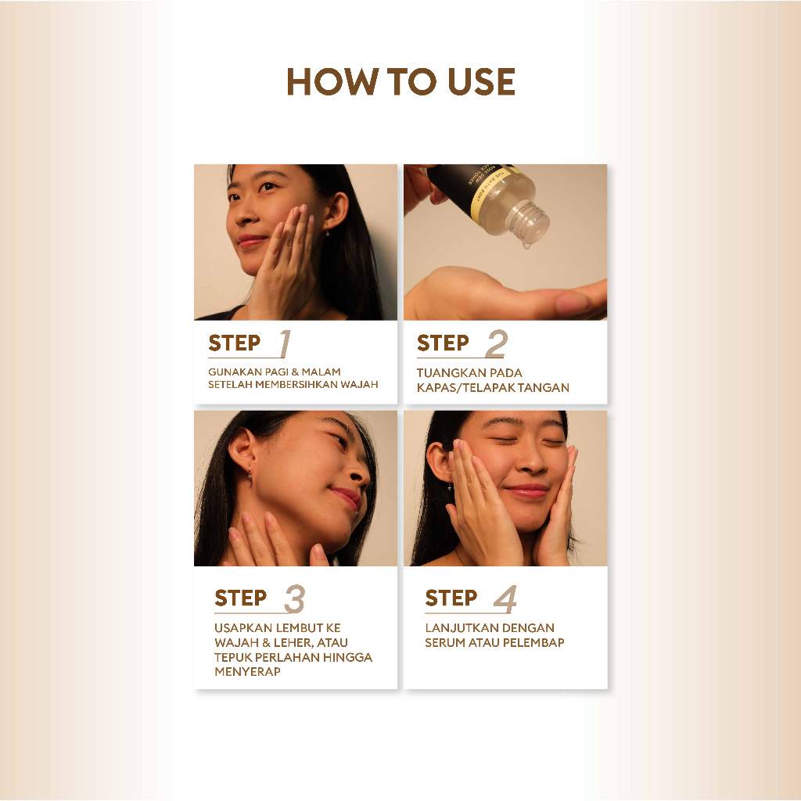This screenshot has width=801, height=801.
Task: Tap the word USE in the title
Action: coord(482,81)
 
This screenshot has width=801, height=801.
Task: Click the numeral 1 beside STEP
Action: coord(285,343)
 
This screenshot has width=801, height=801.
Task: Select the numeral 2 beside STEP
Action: coord(495,344)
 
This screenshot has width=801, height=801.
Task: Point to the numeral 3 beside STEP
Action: coord(295,598)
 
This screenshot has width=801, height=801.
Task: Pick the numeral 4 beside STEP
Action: coord(505,598)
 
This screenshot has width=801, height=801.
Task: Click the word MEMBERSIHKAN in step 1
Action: coord(296,385)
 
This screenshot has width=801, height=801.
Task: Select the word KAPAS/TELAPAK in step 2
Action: coord(465,388)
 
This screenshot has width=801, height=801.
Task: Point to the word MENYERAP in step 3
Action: coord(247,672)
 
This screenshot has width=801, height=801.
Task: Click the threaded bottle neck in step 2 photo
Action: coord(531,220)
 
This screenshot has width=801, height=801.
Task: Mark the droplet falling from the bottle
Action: coord(526,246)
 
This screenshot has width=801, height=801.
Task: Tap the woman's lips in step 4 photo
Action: coord(526,491)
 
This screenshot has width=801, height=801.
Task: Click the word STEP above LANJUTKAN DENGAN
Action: coord(451,598)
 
